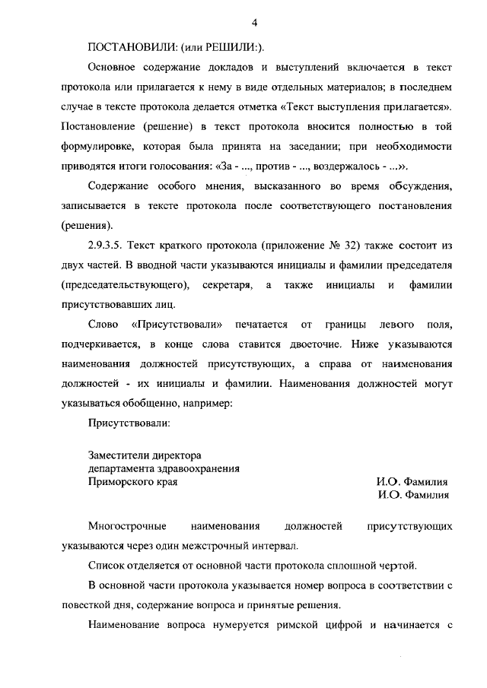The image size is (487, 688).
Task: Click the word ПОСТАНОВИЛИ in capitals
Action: pyautogui.click(x=132, y=46)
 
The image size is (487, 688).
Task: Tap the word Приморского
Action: pyautogui.click(x=119, y=481)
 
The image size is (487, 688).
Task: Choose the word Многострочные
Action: pyautogui.click(x=126, y=526)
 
